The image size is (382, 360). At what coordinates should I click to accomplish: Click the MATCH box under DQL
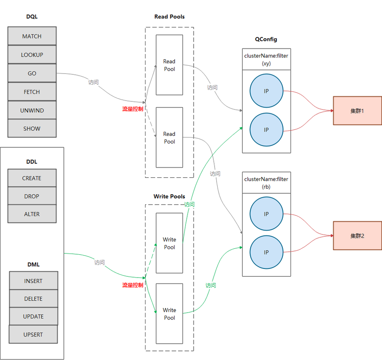[32, 36]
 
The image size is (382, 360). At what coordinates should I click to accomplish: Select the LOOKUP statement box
[32, 55]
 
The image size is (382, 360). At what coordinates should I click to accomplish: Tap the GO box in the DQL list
[32, 73]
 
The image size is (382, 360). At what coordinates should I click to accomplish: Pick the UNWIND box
[32, 110]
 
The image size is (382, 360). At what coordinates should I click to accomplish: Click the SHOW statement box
[32, 128]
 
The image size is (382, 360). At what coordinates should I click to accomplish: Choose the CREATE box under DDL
[32, 178]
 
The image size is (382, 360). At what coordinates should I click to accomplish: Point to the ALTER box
[32, 214]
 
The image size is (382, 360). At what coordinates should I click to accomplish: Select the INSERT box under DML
[33, 281]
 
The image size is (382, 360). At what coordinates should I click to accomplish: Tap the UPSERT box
[33, 334]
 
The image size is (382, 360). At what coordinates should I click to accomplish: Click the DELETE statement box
[33, 299]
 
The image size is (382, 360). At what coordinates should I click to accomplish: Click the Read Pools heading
[170, 17]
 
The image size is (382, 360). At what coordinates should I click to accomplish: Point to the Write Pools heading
[169, 196]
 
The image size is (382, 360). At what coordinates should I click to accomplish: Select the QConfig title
[266, 39]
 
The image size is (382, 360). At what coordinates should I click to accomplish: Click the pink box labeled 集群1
[357, 111]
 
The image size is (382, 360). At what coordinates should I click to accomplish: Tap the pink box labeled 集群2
[357, 236]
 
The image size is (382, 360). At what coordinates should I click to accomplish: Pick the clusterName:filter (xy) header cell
[266, 59]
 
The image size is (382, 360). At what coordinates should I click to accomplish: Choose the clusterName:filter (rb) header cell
[266, 183]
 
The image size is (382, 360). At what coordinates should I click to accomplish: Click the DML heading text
[33, 265]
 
